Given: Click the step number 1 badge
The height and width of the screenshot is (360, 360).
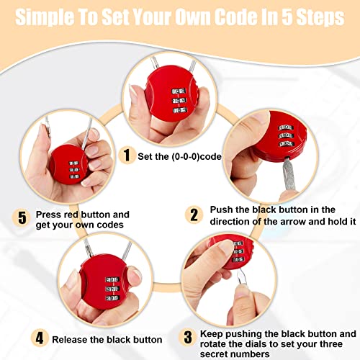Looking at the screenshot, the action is tap(127, 156).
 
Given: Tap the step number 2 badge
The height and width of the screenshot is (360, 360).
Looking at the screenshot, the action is tap(194, 215).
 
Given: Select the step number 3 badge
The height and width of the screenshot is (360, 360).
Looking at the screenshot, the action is tap(188, 337).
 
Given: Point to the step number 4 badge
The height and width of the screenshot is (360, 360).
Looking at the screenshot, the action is tap(40, 338).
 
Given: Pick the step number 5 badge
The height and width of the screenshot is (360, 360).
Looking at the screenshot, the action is tap(22, 217).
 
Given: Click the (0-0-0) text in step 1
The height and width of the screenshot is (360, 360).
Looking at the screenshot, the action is tap(186, 156).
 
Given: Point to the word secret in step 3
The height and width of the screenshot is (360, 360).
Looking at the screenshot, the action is tap(215, 354).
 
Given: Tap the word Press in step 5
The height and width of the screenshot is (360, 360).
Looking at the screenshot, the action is tap(47, 215).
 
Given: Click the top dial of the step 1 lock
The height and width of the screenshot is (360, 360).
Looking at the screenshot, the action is tap(179, 91).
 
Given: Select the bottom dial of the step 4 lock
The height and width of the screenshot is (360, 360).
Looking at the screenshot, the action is tap(112, 298).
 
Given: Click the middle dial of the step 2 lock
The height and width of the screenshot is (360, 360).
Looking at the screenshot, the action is tap(286, 135).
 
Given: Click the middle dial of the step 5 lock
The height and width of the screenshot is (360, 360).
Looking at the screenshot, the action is tap(74, 170).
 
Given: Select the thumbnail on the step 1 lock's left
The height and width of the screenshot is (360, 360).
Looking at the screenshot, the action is tap(132, 91).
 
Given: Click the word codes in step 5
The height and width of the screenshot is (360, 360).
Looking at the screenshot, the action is tap(111, 225).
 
